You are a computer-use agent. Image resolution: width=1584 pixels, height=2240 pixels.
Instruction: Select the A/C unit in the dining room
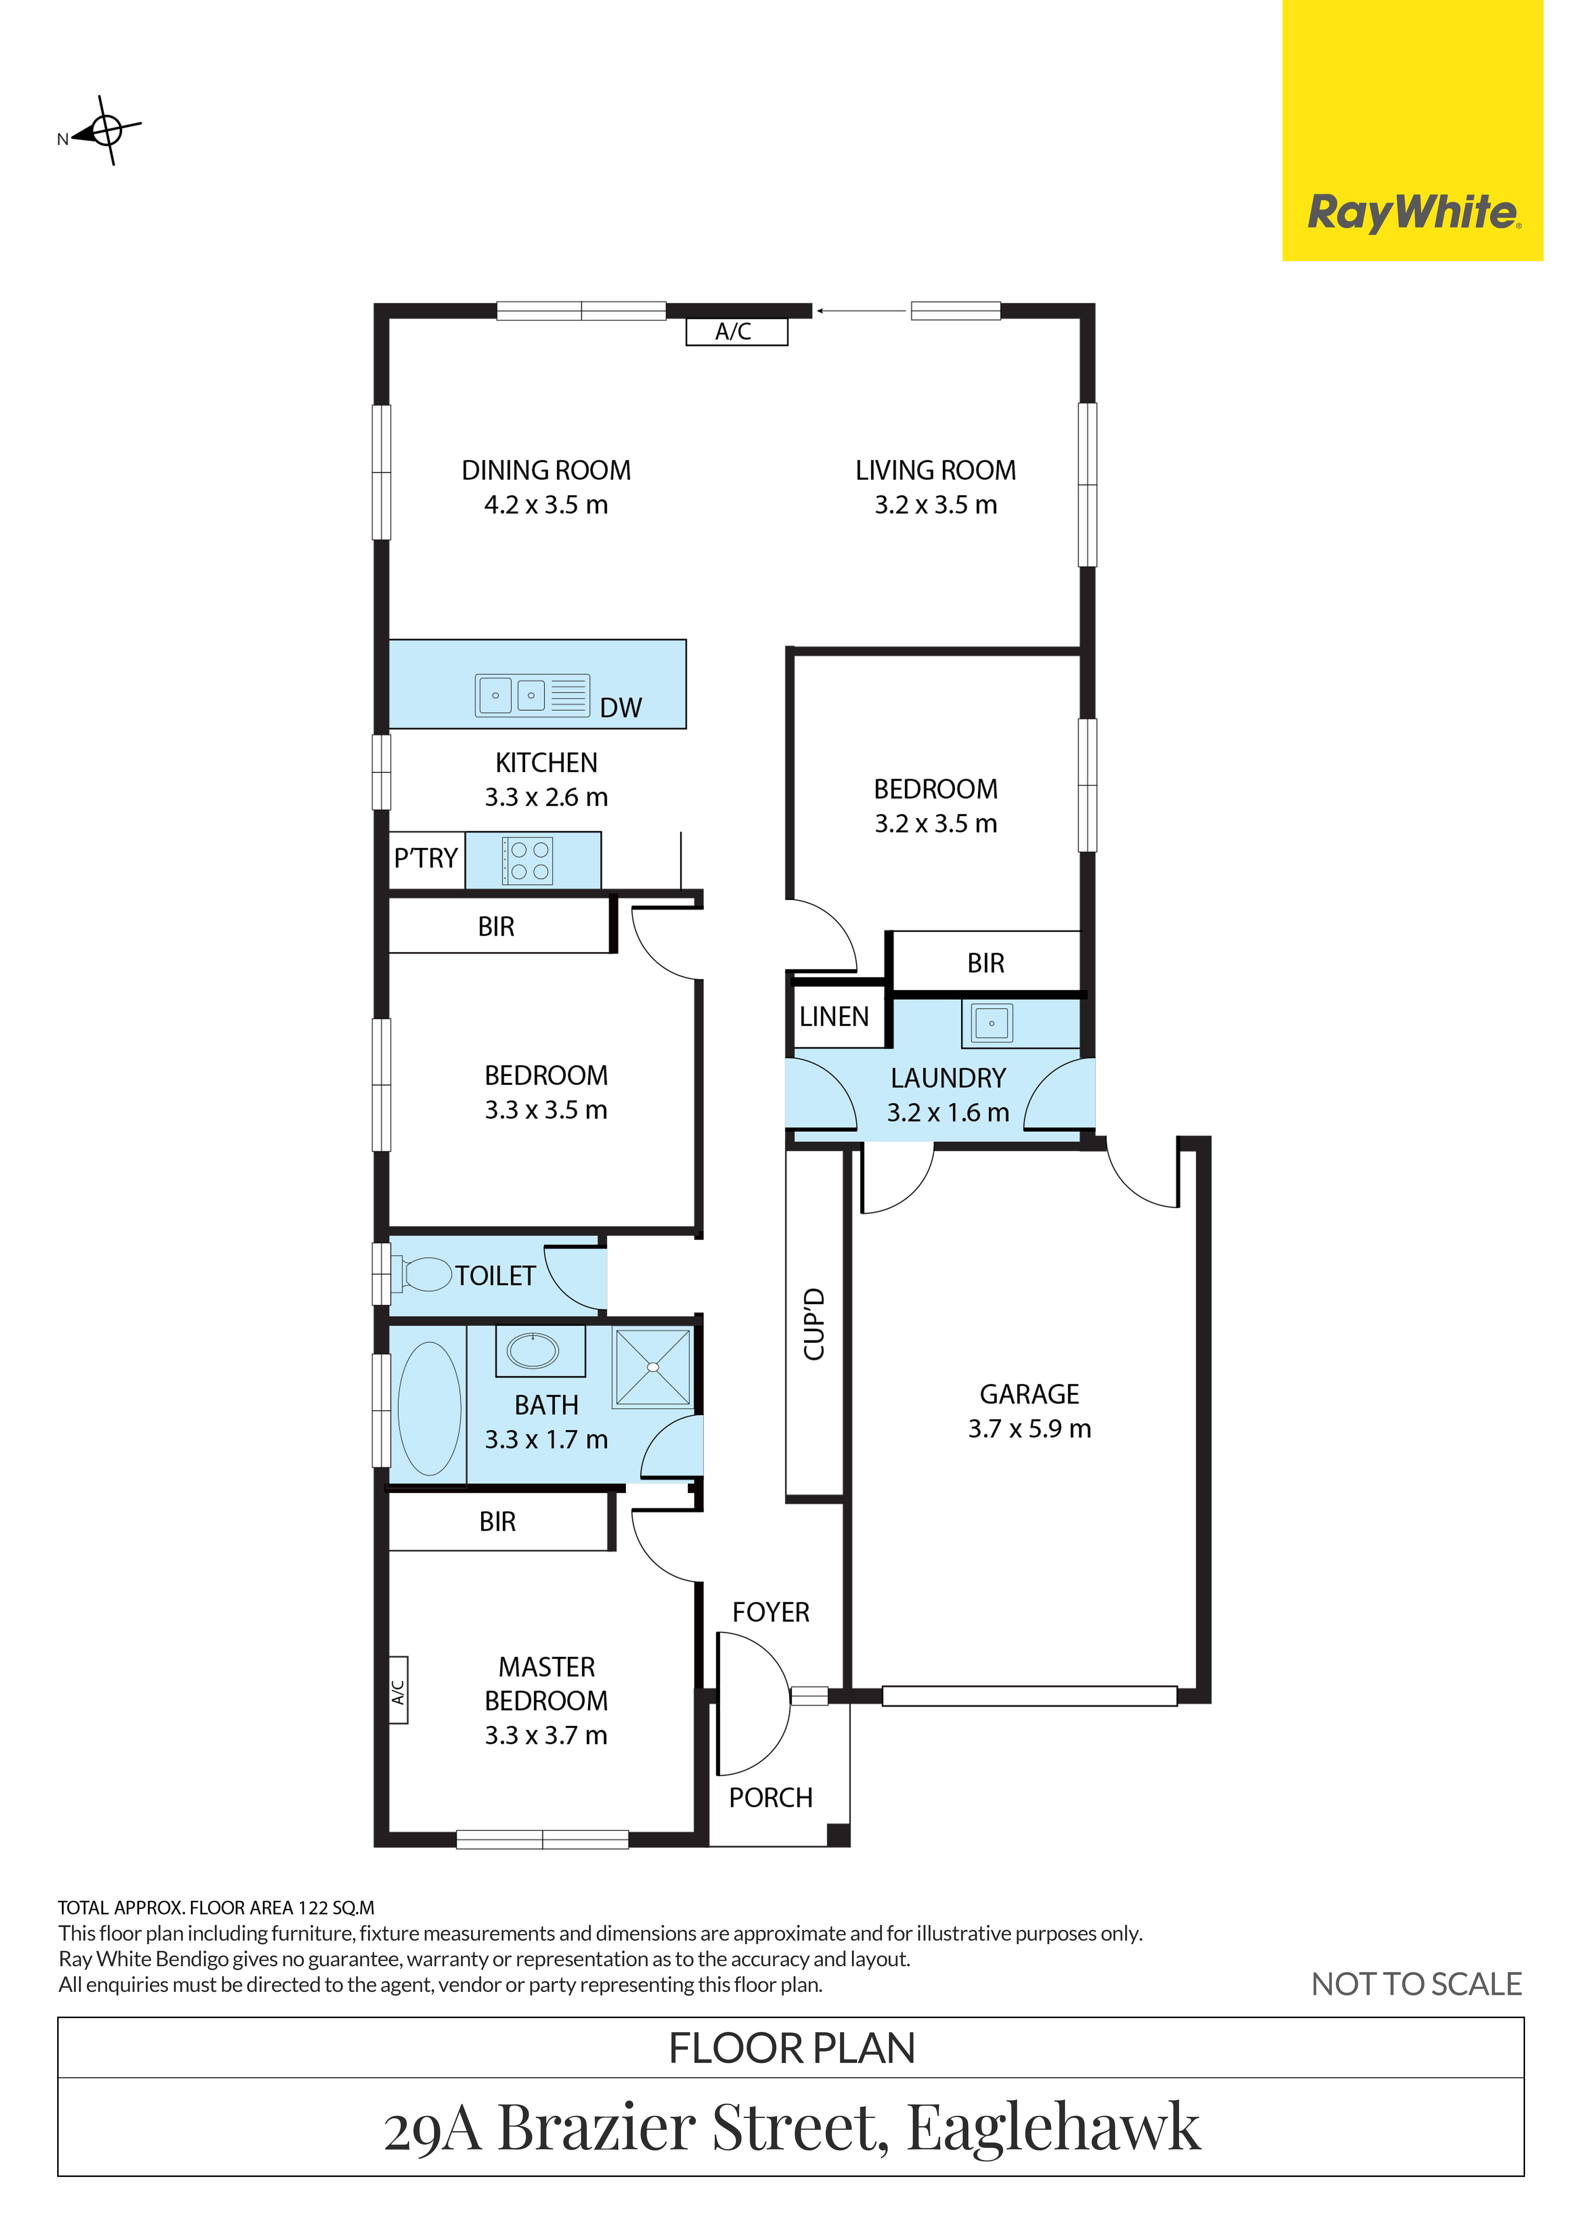736,332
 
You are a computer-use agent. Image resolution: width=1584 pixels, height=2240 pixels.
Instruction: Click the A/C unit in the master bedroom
398,1691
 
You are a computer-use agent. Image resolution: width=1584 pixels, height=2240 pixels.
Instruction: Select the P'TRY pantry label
425,858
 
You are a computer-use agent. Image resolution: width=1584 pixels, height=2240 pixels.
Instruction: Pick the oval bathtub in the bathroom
429,1409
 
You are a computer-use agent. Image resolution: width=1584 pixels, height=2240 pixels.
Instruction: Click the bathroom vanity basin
533,1350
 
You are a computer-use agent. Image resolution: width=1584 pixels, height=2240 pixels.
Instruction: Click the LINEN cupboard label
834,1017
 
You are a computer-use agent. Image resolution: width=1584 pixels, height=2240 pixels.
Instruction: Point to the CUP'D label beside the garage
815,1324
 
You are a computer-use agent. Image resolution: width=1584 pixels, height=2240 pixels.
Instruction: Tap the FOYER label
771,1612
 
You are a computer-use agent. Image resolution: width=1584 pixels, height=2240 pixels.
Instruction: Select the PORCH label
771,1797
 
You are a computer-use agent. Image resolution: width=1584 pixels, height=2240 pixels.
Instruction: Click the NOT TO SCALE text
1416,1983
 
